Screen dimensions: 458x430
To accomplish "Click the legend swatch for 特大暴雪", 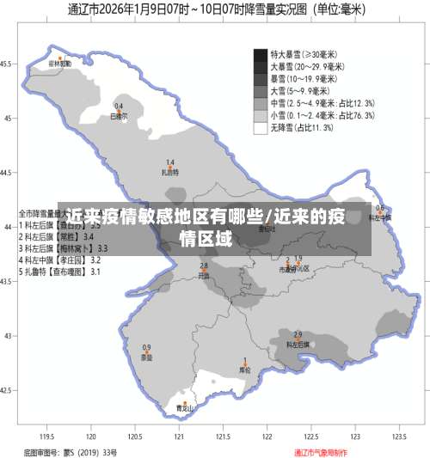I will tap(260, 54).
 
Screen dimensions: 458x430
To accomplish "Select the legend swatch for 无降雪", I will tap(260, 128).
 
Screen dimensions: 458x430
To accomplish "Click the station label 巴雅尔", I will tap(119, 115).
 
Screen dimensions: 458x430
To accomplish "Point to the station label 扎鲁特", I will tap(170, 172).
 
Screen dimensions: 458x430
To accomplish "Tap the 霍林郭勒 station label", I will tap(58, 63).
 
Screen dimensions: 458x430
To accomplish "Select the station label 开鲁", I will tap(204, 277).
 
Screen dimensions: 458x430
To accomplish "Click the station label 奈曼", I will tap(147, 357).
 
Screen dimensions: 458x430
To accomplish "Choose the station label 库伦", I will tap(244, 370).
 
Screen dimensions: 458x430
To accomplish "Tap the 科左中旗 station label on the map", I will tap(379, 217).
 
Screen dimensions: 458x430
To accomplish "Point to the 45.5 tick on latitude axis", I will tap(7, 64).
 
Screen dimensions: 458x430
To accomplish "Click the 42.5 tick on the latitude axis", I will tap(7, 389).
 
